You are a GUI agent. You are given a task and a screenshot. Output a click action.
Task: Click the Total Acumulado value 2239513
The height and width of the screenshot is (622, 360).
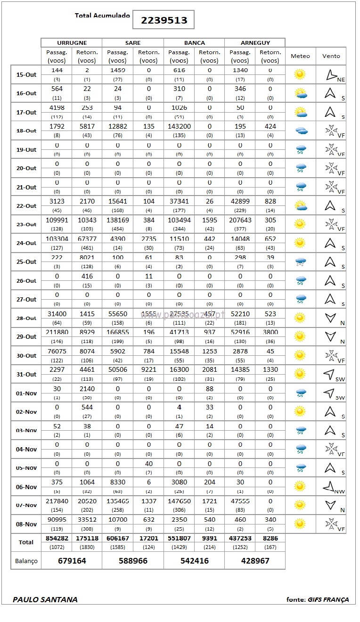tap(164, 20)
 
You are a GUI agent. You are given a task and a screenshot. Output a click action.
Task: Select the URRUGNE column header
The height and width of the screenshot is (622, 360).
tap(72, 43)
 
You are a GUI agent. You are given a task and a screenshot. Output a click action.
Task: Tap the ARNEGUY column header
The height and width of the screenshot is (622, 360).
tap(255, 43)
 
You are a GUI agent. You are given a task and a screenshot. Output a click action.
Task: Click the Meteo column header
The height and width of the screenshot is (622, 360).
tap(300, 56)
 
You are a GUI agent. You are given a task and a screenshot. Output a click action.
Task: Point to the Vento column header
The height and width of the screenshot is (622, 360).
tap(331, 56)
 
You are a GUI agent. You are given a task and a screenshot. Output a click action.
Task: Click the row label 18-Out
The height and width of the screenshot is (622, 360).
tap(26, 131)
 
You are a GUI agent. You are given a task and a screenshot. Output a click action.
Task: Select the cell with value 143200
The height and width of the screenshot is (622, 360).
tap(179, 126)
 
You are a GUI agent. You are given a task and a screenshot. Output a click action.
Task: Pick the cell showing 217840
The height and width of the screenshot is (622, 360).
tap(57, 501)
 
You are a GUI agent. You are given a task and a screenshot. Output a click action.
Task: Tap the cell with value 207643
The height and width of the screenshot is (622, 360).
tap(240, 220)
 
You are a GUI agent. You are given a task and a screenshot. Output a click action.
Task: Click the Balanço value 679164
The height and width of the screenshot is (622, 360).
tap(72, 561)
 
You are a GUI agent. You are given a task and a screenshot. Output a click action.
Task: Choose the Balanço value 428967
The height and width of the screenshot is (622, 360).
tap(255, 561)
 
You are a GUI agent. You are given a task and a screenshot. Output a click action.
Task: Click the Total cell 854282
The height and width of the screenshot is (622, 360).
tap(57, 538)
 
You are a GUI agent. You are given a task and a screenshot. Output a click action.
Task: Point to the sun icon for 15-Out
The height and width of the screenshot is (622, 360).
tap(300, 74)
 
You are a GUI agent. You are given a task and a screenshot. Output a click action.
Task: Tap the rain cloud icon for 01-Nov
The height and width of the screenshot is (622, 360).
tap(300, 393)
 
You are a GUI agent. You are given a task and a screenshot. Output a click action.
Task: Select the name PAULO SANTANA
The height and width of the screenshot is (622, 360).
tap(45, 599)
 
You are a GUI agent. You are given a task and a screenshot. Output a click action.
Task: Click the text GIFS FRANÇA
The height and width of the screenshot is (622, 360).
tap(328, 600)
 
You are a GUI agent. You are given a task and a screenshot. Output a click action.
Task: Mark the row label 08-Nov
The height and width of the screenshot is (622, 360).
tap(26, 524)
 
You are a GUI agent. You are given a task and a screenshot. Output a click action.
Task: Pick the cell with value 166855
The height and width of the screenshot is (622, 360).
tap(118, 332)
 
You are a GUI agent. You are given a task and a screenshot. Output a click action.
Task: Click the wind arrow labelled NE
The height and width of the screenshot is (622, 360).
tap(331, 74)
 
